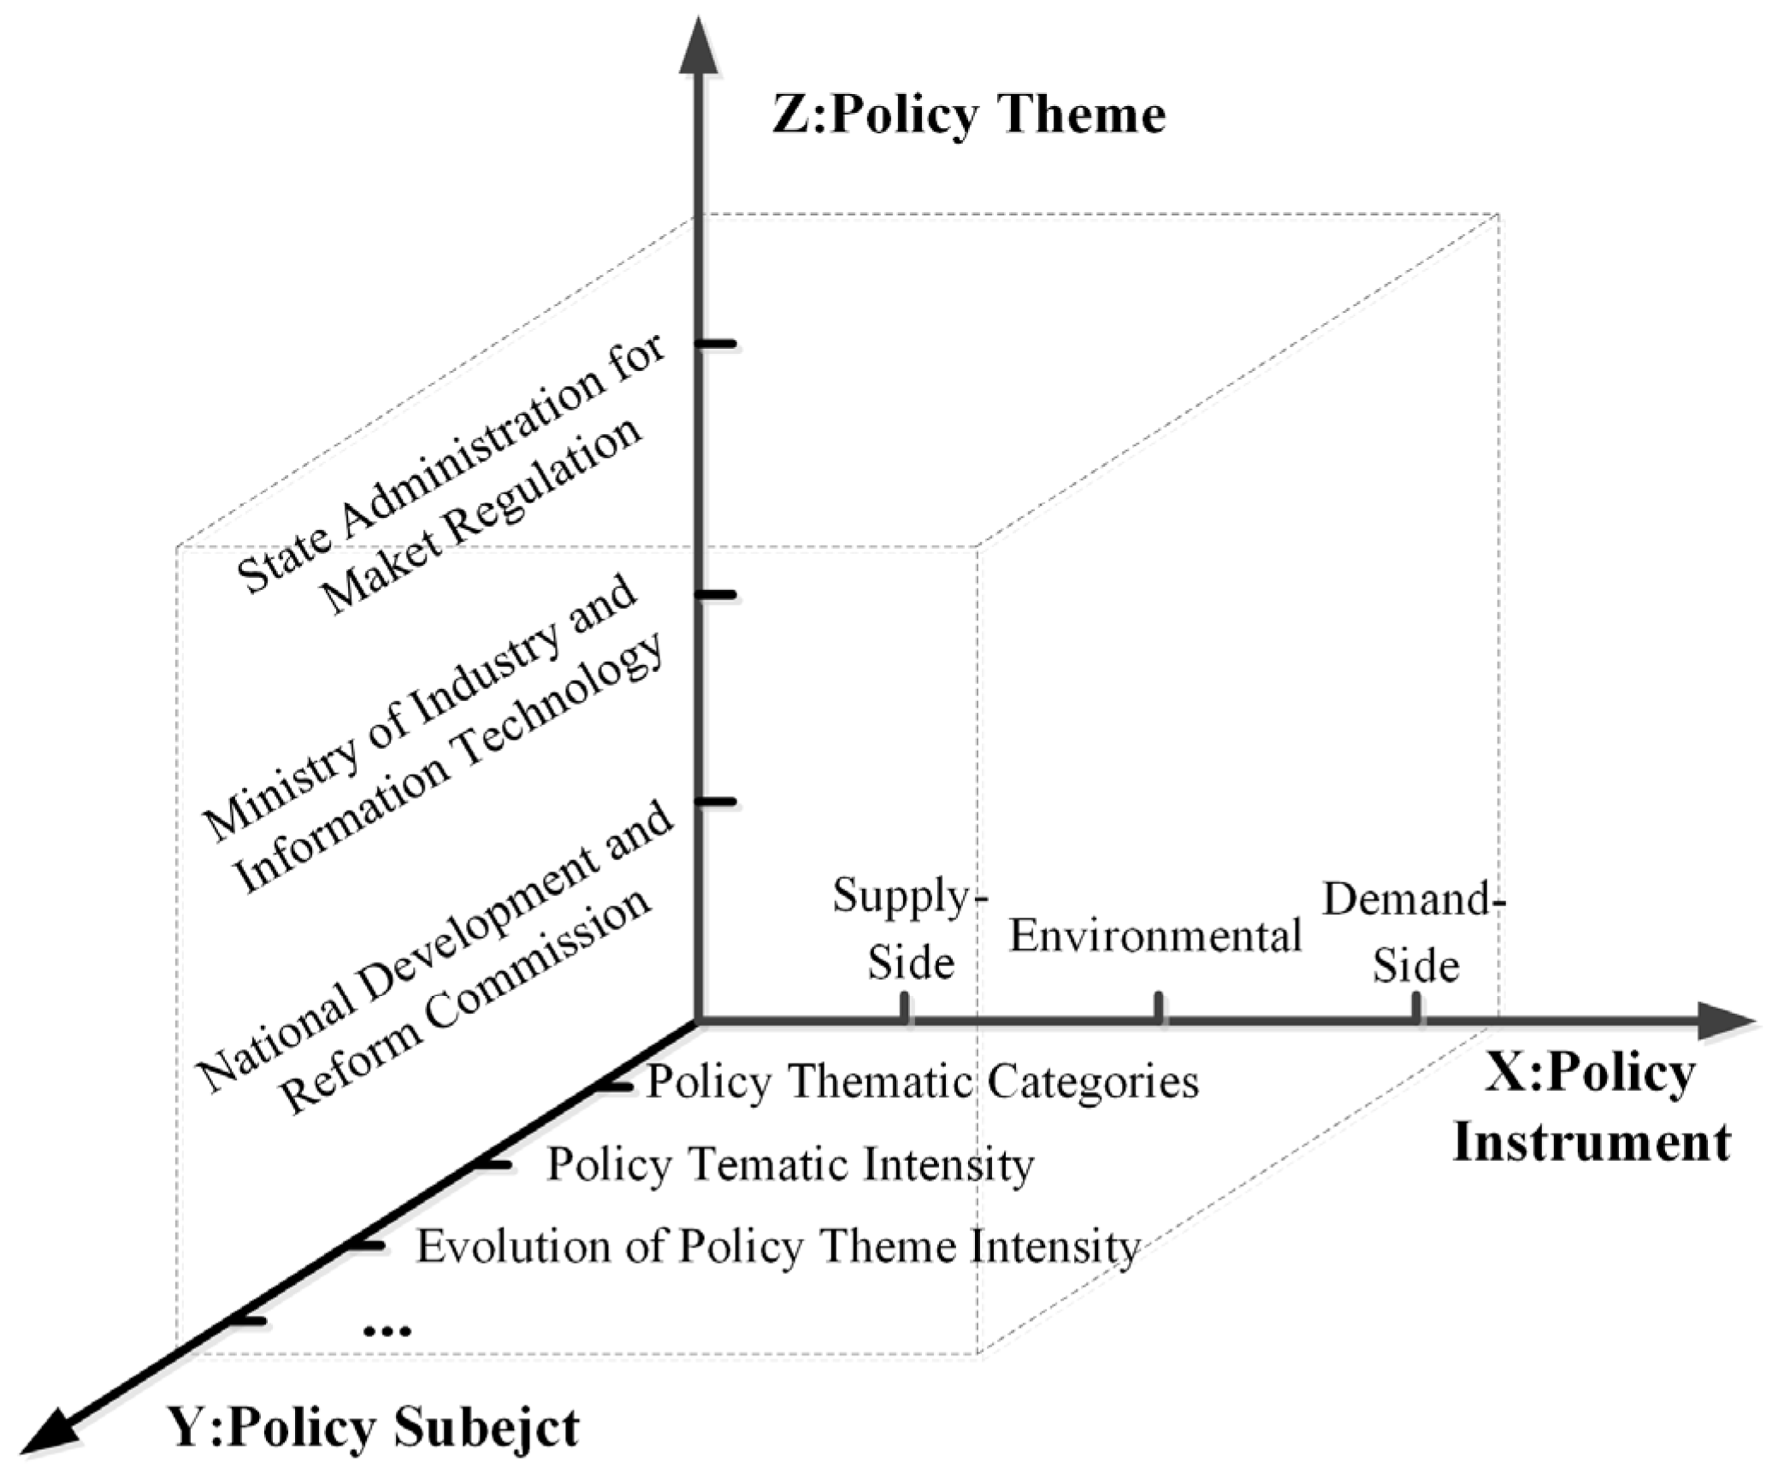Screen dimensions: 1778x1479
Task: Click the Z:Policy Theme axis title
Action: tap(968, 115)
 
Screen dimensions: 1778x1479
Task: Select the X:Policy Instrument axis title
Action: tap(1591, 1108)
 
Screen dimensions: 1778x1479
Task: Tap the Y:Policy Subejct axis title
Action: tap(375, 1426)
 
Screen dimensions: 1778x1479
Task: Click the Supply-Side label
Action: tap(909, 928)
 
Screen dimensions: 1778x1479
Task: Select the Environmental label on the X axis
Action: tap(1155, 935)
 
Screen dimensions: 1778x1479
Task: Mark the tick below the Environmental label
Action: tap(1159, 1006)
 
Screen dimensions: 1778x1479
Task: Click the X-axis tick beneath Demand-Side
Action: tap(1416, 1006)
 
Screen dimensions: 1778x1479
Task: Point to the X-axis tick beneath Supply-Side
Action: tap(905, 1006)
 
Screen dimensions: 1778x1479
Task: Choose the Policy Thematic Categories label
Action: tap(922, 1081)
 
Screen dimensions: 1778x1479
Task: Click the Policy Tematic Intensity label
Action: tap(790, 1164)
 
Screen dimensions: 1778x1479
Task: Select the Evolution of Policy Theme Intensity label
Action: tap(777, 1246)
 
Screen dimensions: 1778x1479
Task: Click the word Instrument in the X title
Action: tap(1591, 1142)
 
